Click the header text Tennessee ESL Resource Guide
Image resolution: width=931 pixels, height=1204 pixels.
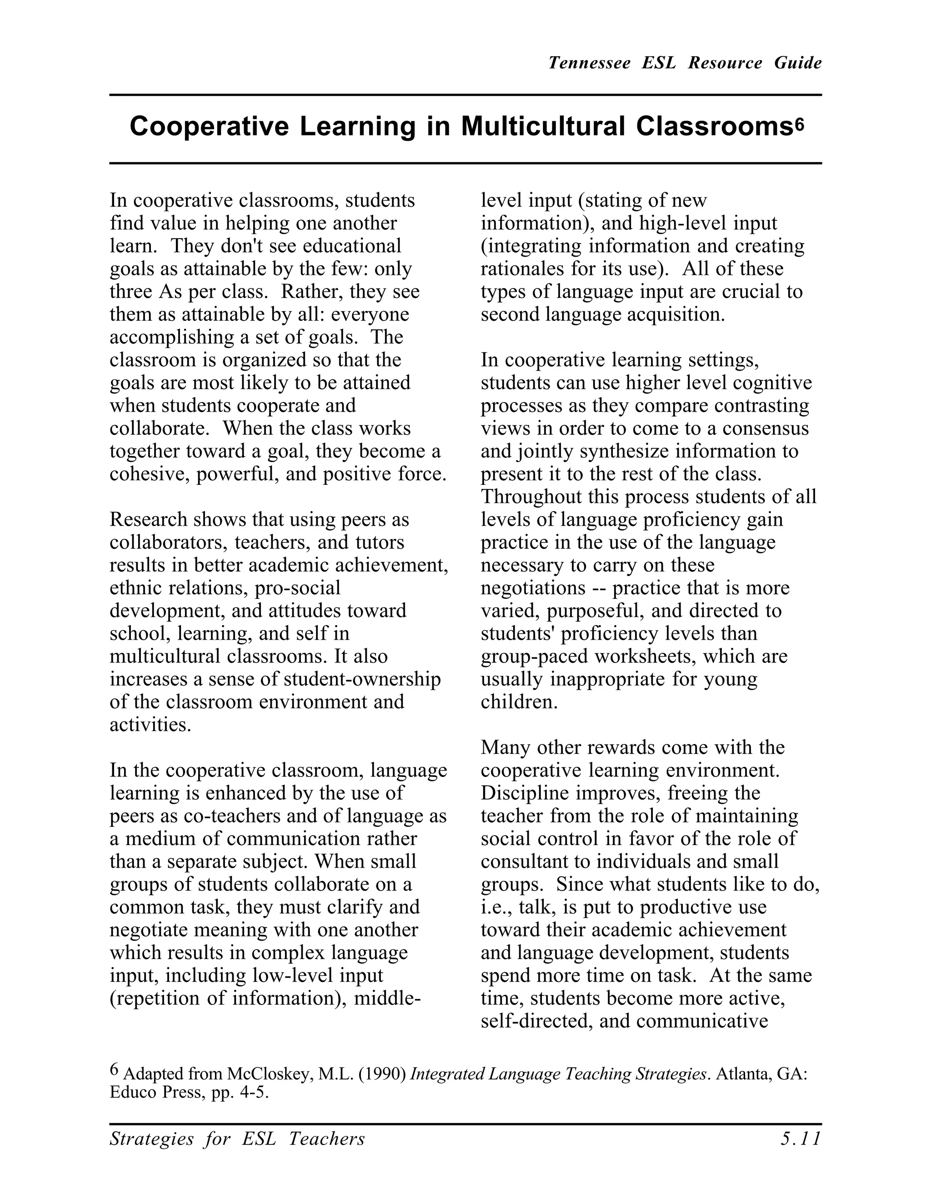click(685, 63)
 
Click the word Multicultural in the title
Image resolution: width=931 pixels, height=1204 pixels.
click(543, 127)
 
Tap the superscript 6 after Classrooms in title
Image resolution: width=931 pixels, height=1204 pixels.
click(800, 122)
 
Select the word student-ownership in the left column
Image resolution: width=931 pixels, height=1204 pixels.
click(362, 679)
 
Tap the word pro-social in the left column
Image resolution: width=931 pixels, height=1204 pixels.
click(298, 587)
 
